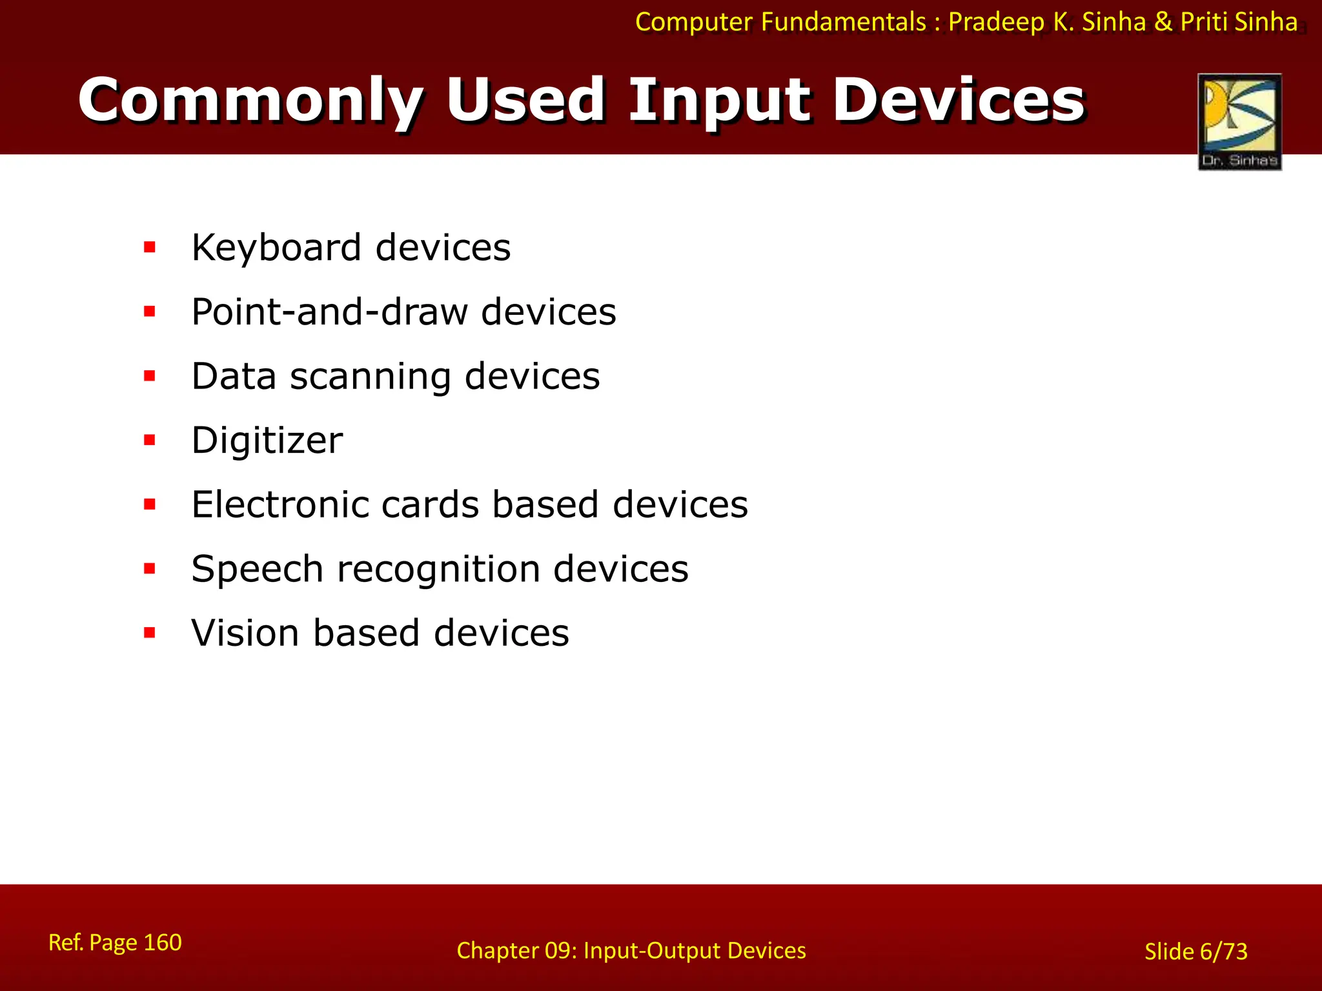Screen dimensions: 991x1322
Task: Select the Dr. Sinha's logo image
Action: coord(1239,121)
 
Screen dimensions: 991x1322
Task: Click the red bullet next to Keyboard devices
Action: coord(150,247)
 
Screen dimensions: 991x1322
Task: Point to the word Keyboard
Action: coord(276,248)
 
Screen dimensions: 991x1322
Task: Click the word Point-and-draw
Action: coord(329,312)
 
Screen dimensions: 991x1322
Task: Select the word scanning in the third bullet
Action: coord(370,377)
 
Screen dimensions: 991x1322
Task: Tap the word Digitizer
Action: coord(267,441)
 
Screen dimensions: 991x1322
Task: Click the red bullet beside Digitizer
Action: coord(150,441)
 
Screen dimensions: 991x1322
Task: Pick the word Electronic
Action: coord(280,505)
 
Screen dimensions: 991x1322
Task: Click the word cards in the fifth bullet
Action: coord(430,505)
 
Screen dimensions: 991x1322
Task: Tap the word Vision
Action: coord(245,633)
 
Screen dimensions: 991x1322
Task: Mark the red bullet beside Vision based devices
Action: coord(150,633)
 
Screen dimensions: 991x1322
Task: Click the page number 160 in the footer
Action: coord(162,943)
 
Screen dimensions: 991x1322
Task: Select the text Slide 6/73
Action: coord(1195,952)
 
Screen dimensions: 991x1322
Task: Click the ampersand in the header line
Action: coord(1163,23)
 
